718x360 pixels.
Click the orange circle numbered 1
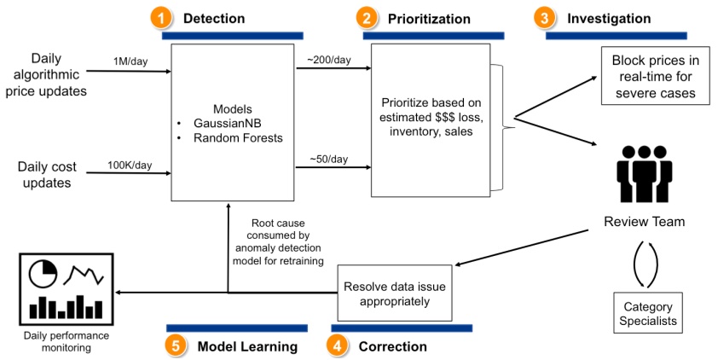[x=160, y=16]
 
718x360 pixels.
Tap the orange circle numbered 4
[x=339, y=345]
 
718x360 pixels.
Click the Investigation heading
[x=609, y=18]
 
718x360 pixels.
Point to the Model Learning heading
[x=247, y=346]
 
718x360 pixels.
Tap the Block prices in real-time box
[x=654, y=77]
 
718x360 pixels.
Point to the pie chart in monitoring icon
[x=42, y=274]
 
